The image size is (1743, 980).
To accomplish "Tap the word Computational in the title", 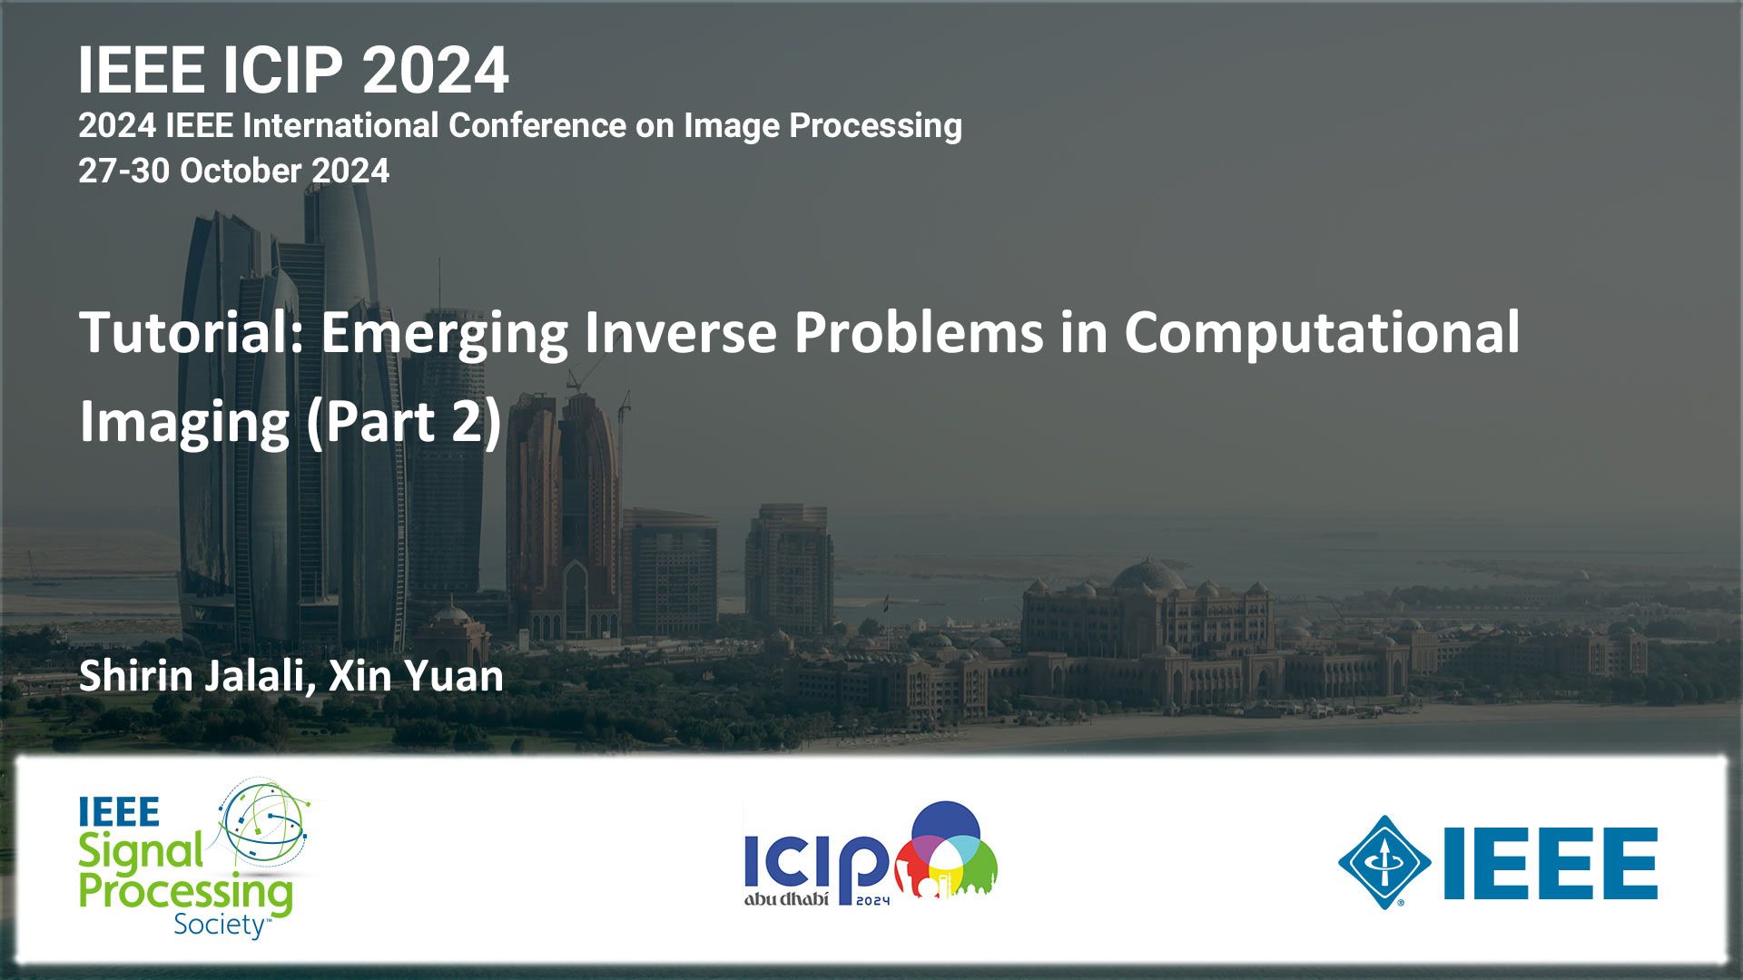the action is pyautogui.click(x=1322, y=332).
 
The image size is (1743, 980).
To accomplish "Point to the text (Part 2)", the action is pyautogui.click(x=404, y=423).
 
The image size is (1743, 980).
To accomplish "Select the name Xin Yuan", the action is pyautogui.click(x=416, y=677).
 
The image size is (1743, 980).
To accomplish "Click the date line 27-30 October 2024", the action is pyautogui.click(x=233, y=171).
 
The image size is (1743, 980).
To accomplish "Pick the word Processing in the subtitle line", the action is pyautogui.click(x=875, y=126).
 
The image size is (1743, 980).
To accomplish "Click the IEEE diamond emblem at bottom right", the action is pyautogui.click(x=1384, y=862).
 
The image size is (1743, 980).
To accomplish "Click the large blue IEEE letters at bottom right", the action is pyautogui.click(x=1551, y=863).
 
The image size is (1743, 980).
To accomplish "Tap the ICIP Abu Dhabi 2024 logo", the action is pyautogui.click(x=871, y=854).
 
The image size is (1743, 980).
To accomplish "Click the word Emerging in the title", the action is pyautogui.click(x=445, y=334).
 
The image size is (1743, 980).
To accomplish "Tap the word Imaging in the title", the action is pyautogui.click(x=184, y=423).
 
